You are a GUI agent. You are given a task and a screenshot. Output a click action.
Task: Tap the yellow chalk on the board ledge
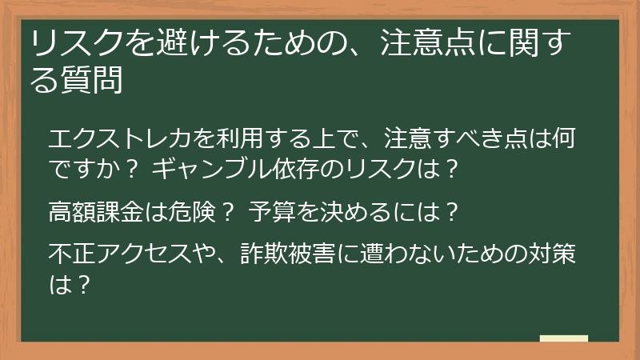point(563,338)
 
